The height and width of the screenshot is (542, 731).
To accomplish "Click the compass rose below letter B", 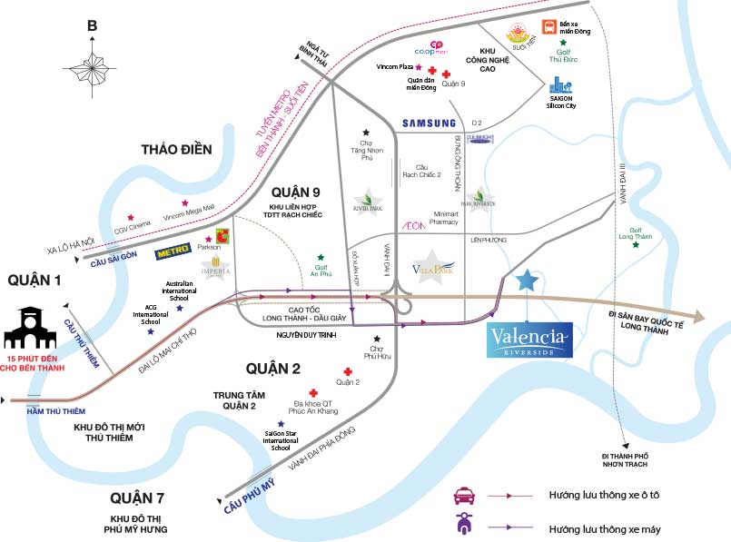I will coord(92,65).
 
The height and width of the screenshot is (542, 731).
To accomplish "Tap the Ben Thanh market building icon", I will coord(36,328).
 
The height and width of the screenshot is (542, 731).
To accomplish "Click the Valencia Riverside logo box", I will coord(529,340).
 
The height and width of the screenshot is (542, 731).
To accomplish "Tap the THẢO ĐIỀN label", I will coord(176,150).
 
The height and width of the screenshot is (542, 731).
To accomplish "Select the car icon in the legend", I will coord(466,496).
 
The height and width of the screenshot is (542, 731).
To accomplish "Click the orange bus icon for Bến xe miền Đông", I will coord(548,27).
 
